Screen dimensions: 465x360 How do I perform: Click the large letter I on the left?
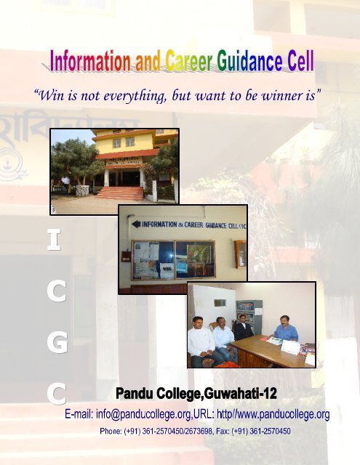[54, 240]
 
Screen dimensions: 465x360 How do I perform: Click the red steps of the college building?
[119, 193]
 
